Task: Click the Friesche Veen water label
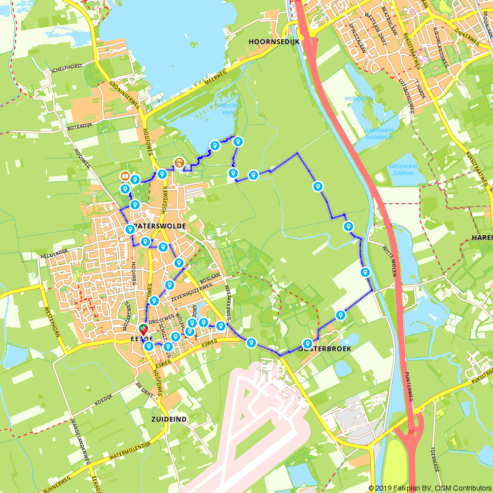pos(227,109)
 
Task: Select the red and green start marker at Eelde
pos(142,328)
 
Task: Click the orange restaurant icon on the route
pos(179,162)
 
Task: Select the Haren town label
pos(482,238)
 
